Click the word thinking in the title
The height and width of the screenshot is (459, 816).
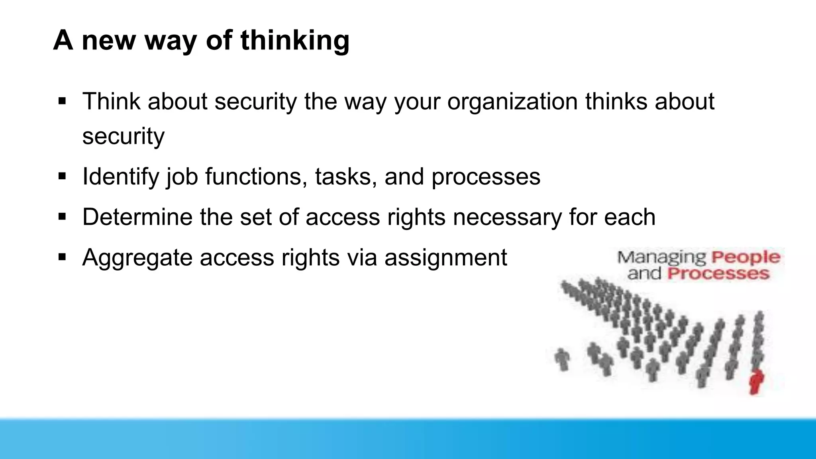pos(295,41)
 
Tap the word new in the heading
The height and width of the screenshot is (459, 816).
pos(108,41)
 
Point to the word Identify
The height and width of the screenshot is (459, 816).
pos(120,177)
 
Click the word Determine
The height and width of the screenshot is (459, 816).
pos(137,217)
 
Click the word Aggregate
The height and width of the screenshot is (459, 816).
pos(137,257)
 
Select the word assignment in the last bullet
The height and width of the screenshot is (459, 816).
pos(445,257)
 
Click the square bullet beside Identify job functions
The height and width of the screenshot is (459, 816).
pos(62,176)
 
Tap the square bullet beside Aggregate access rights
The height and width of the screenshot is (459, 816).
pos(62,257)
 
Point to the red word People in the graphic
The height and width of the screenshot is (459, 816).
pos(745,257)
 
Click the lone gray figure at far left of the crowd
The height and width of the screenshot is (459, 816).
pos(562,359)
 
